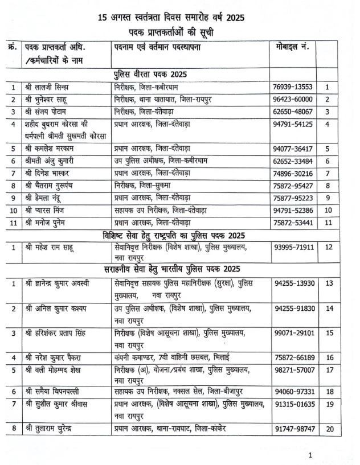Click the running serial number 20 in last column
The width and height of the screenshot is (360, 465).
(x=329, y=428)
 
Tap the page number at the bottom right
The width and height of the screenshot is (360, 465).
(x=310, y=455)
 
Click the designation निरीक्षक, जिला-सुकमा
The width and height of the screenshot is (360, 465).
(x=143, y=186)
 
